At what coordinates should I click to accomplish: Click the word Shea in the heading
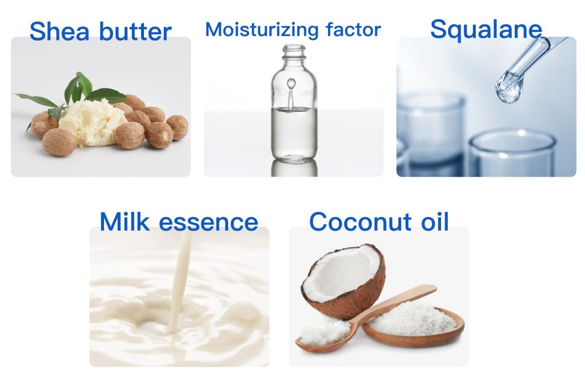[x=59, y=31]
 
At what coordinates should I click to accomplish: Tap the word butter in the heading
[x=135, y=31]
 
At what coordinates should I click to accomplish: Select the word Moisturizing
[x=262, y=30]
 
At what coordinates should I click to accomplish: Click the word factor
[x=353, y=30]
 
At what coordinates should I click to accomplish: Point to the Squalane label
[x=486, y=29]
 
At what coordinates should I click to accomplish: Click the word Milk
[x=125, y=222]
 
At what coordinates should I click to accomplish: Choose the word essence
[x=209, y=223]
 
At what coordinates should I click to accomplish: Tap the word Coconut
[x=360, y=222]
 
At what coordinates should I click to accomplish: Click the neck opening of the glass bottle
[x=294, y=48]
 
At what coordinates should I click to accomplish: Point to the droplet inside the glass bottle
[x=291, y=83]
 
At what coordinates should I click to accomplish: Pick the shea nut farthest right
[x=177, y=127]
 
